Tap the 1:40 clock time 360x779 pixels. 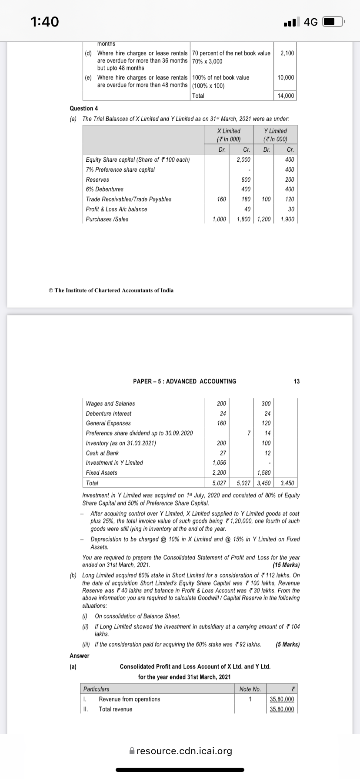click(x=45, y=21)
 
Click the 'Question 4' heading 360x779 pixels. click(x=81, y=108)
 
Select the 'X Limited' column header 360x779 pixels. click(x=229, y=131)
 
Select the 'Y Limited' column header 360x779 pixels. click(x=276, y=131)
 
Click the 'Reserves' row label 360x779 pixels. click(x=97, y=180)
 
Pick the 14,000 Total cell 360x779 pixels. click(x=286, y=96)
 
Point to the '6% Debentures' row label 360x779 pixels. click(x=104, y=189)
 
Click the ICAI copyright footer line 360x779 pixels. click(x=111, y=290)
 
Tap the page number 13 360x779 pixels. click(x=297, y=381)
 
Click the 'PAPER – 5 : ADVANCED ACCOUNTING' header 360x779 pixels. click(x=185, y=381)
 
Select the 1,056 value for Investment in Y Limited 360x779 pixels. click(x=219, y=463)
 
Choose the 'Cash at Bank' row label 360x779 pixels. click(x=102, y=453)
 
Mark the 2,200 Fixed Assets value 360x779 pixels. click(x=219, y=473)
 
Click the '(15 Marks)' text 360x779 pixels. click(x=286, y=565)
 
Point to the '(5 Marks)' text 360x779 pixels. click(x=287, y=644)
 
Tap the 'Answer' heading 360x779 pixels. click(x=80, y=656)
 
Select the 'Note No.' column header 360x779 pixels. click(x=250, y=689)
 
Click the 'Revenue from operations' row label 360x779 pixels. click(x=130, y=699)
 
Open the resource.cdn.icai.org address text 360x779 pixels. click(x=184, y=751)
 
